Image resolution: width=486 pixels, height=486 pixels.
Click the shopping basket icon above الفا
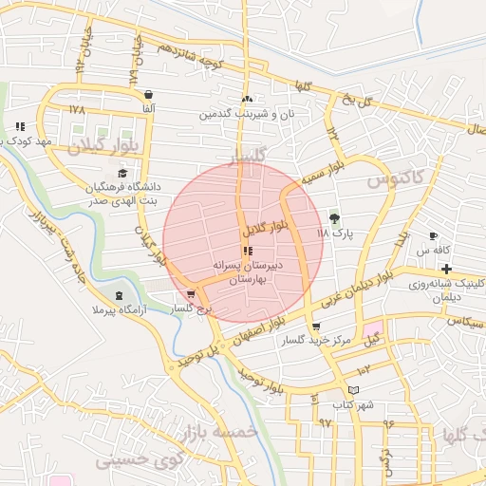149,95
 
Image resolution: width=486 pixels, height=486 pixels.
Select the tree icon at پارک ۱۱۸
333,217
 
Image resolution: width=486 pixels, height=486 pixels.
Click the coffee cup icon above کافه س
434,235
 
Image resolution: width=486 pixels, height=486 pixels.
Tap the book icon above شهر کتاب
354,389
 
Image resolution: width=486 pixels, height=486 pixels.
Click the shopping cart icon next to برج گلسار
193,294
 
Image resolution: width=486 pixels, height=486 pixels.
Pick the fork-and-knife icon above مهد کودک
20,126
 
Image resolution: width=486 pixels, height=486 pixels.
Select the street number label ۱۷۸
77,110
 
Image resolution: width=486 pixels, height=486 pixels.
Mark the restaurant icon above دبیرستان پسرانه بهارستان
248,252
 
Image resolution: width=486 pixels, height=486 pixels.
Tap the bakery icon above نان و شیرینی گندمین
248,98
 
